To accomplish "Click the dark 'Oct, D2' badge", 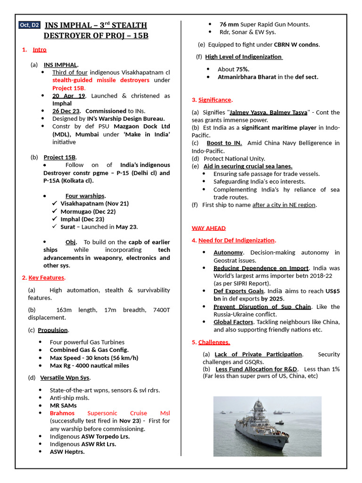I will (x=29, y=25).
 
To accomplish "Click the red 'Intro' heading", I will (x=40, y=50).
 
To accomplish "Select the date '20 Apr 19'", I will (x=68, y=96).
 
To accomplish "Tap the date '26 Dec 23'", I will (x=66, y=111).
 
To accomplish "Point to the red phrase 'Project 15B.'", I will (x=69, y=88).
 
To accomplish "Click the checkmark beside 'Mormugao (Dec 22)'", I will (x=55, y=211).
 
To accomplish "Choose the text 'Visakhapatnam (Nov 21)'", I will (x=94, y=203).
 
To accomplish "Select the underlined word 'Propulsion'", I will (x=53, y=330).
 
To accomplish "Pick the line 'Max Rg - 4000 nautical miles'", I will (x=89, y=366).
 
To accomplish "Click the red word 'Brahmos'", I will (x=62, y=413).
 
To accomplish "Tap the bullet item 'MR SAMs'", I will (x=63, y=405).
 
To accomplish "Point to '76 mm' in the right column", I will (x=229, y=24).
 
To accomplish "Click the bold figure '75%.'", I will (x=239, y=69).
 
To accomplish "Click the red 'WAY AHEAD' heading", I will (x=208, y=228).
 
